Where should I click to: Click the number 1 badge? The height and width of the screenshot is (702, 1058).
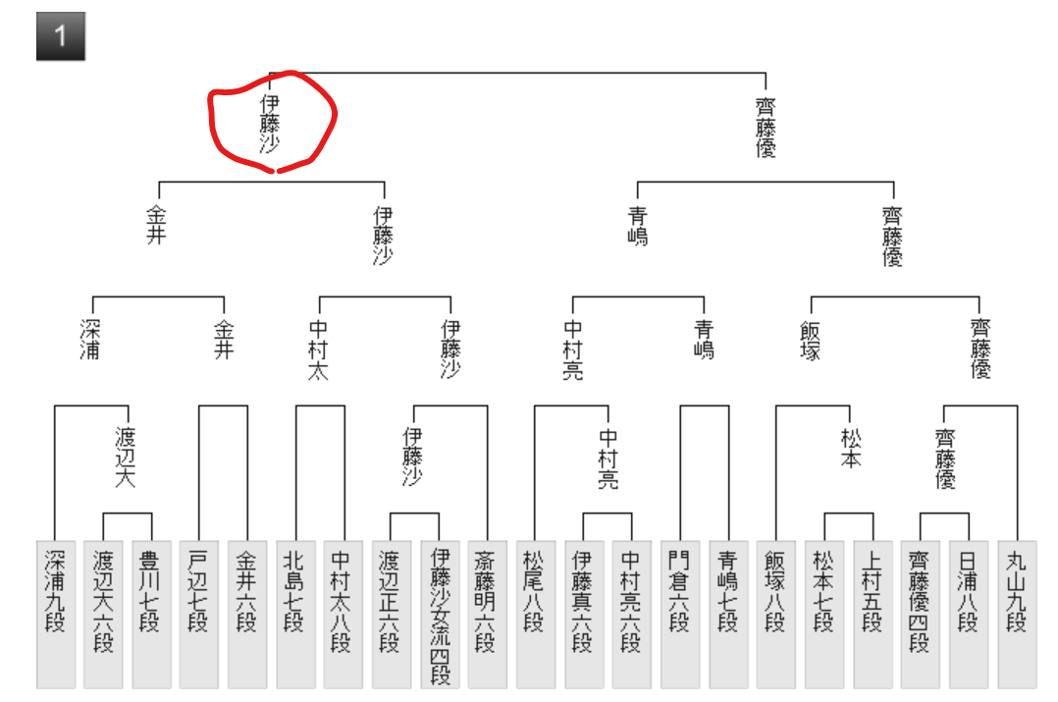(x=61, y=37)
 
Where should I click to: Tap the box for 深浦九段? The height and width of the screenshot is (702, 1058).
(x=55, y=613)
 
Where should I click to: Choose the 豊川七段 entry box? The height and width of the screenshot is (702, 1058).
(x=151, y=613)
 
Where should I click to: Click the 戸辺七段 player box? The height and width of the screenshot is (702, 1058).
(x=199, y=613)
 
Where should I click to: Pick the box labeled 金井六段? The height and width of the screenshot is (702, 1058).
(x=247, y=613)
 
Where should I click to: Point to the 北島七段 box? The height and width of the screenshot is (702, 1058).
(x=295, y=613)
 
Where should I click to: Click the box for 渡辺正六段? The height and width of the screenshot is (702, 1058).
(x=392, y=613)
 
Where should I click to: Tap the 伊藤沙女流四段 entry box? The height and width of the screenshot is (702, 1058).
(x=440, y=613)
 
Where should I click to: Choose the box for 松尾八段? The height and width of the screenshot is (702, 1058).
(x=536, y=613)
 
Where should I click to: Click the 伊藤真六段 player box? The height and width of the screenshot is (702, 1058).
(x=584, y=613)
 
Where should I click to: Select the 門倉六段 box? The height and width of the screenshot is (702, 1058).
(x=680, y=613)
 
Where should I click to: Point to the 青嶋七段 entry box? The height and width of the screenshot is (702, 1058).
(x=728, y=613)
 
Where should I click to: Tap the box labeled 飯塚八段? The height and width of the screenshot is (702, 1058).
(x=776, y=613)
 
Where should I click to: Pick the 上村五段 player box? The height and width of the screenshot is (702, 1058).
(x=873, y=613)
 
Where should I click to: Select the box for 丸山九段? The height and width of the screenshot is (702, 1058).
(x=1017, y=613)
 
